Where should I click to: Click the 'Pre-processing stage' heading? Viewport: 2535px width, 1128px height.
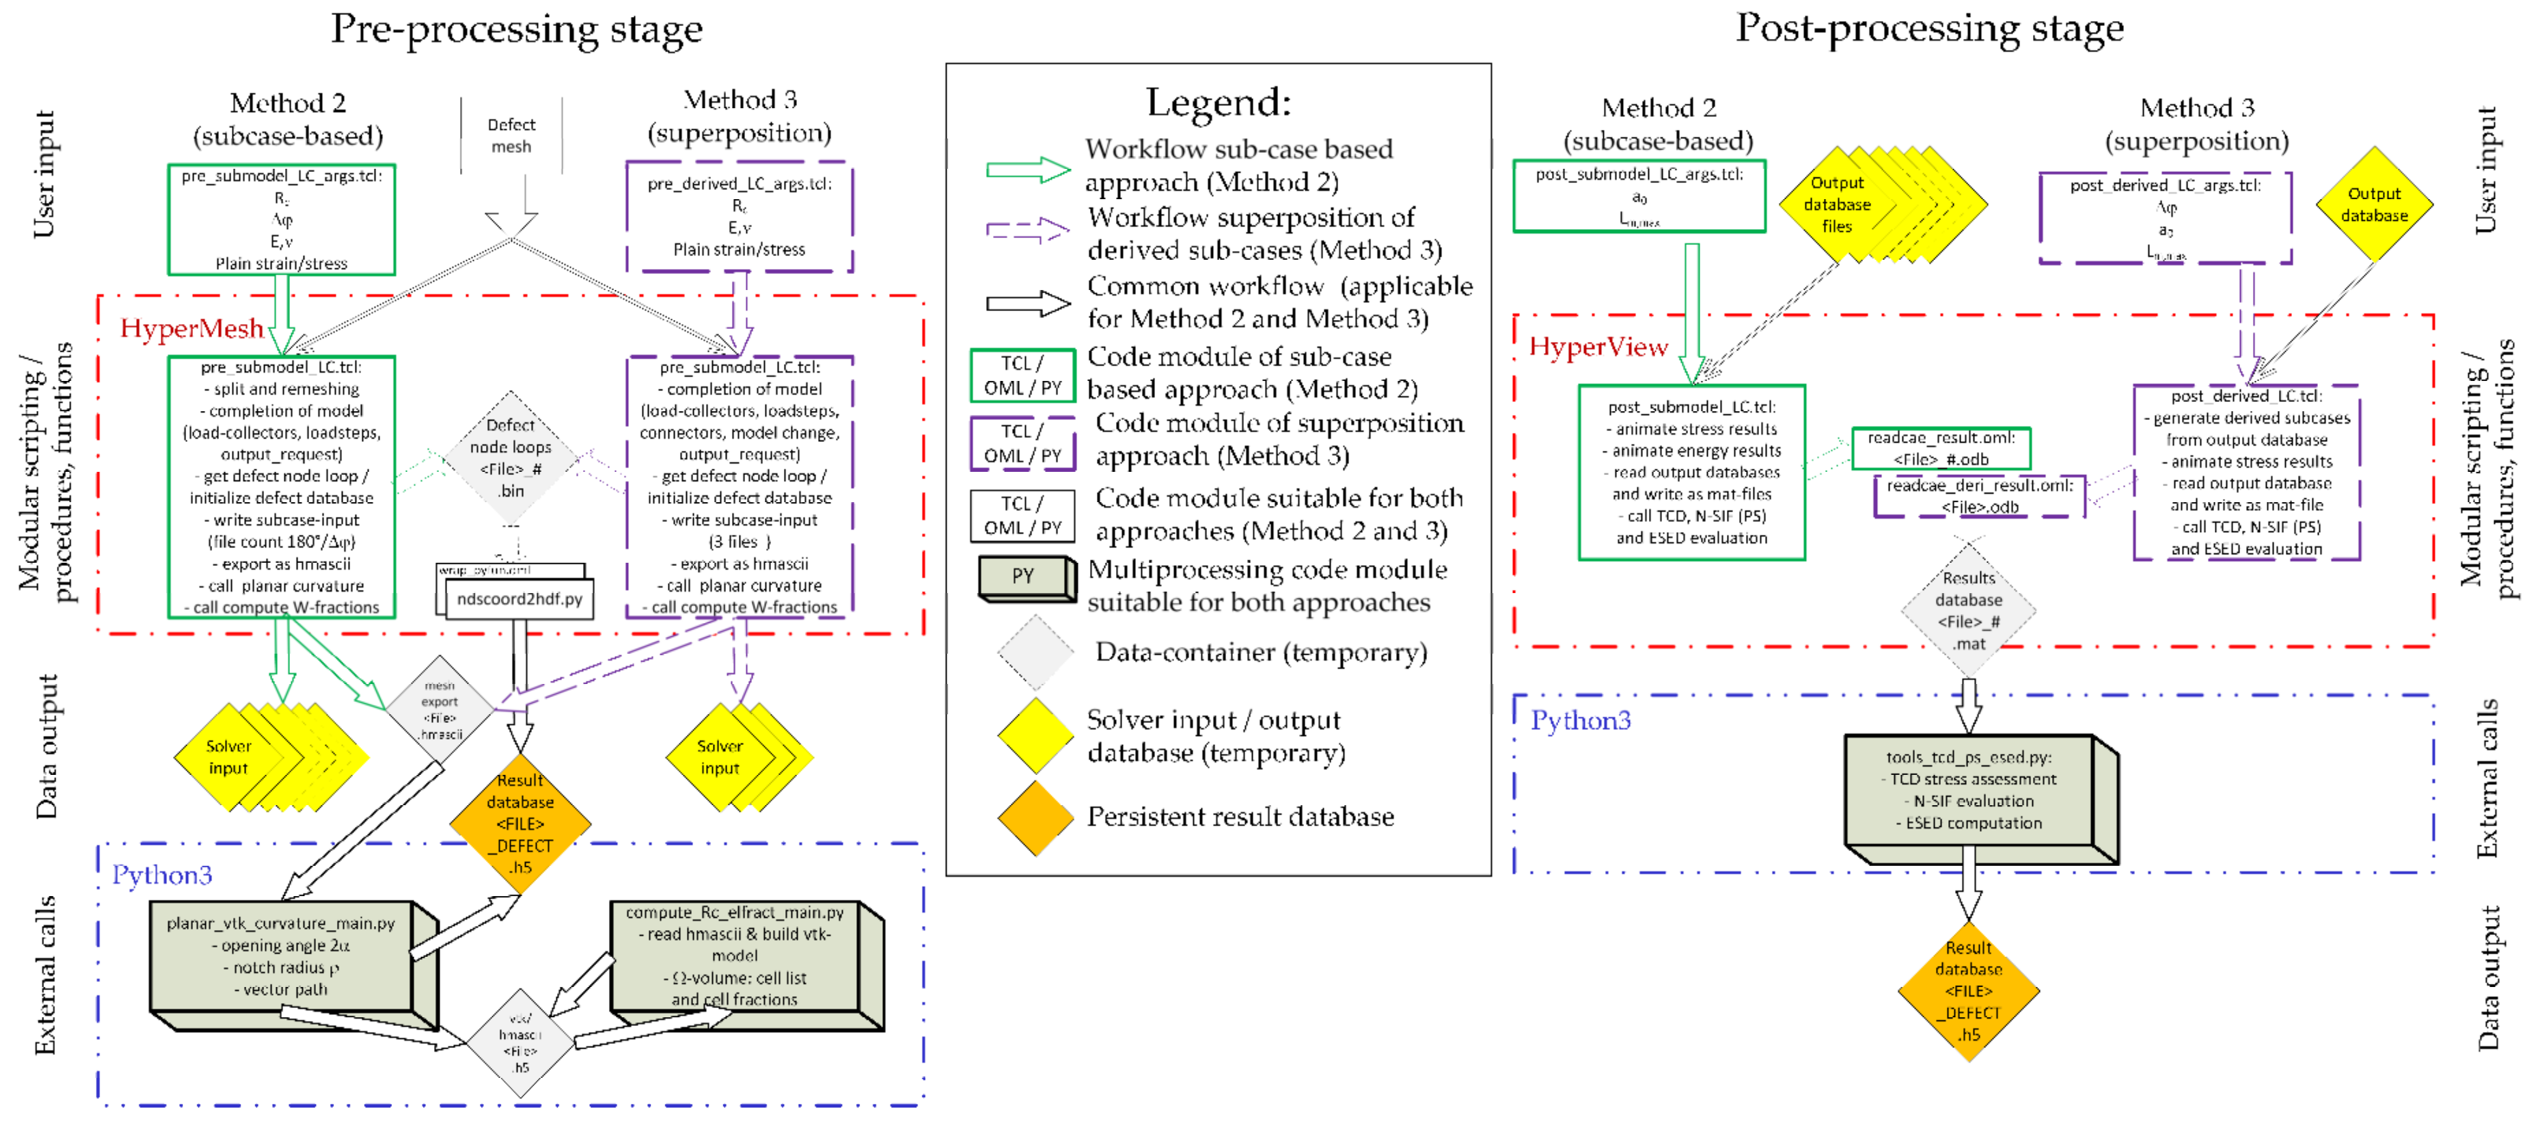[517, 30]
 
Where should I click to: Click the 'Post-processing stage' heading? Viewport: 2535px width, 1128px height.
[1929, 28]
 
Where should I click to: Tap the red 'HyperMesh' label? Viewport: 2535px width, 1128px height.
[192, 329]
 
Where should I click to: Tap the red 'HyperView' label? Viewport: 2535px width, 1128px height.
[1598, 348]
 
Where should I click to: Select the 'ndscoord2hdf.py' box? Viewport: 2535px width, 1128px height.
[519, 599]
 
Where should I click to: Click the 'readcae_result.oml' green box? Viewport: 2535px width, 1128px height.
[1941, 448]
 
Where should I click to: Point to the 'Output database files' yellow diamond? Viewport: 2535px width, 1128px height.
[1838, 205]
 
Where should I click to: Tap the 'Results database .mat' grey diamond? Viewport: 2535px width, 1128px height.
[1968, 611]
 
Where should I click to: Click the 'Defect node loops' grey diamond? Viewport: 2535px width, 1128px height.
[511, 458]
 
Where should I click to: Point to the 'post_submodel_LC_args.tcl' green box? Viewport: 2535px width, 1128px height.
[1638, 196]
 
